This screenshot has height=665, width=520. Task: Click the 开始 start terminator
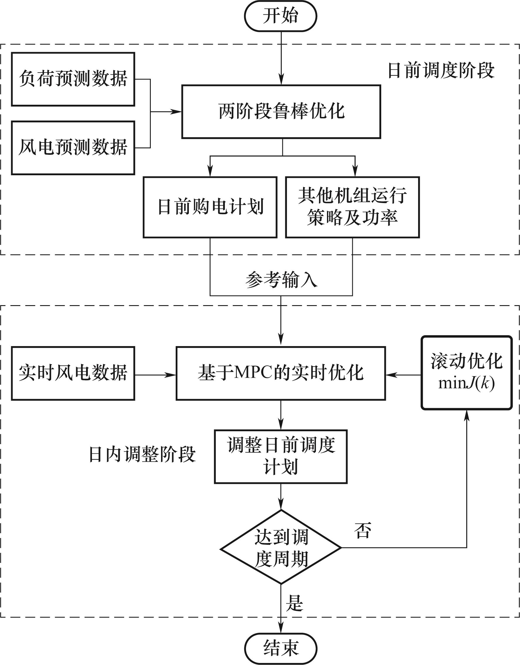280,16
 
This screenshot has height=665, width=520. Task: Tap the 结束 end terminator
280,648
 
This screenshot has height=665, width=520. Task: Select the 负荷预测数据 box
73,79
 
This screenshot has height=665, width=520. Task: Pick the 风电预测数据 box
73,148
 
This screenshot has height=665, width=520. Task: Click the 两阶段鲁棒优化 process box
281,112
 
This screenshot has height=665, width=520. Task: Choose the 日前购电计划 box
210,207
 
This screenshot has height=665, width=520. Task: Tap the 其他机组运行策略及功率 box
352,207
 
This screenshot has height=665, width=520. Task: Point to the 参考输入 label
281,280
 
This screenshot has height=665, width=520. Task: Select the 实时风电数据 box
73,373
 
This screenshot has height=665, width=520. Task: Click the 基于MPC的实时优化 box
281,373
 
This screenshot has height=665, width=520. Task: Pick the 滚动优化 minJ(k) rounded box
466,373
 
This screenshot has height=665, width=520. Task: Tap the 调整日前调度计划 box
281,456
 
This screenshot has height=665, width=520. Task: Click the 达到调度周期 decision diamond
281,548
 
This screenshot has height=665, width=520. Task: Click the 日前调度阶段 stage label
441,71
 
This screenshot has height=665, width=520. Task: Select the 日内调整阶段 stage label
142,455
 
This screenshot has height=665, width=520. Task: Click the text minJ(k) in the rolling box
466,383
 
